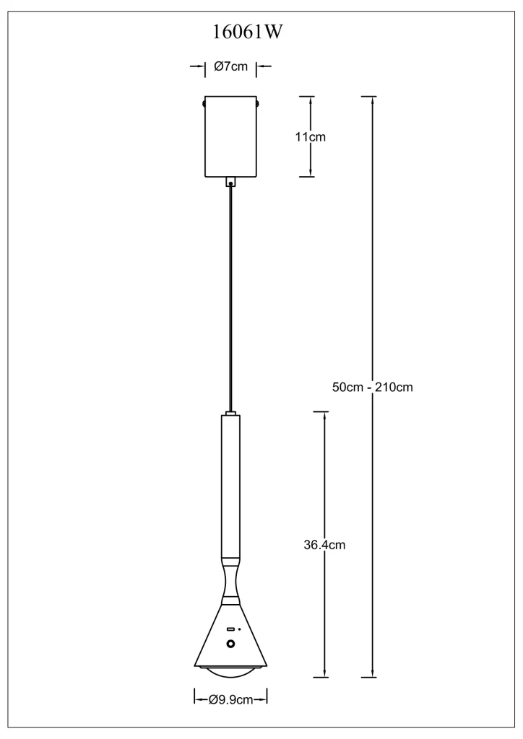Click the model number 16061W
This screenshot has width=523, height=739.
(248, 32)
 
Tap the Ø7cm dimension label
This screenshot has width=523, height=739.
(230, 66)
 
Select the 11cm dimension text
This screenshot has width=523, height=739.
(311, 137)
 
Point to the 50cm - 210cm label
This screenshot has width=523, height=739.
(373, 388)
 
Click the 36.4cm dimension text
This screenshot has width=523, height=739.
(324, 546)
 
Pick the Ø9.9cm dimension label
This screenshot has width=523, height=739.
(230, 700)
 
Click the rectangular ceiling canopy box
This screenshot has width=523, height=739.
(230, 136)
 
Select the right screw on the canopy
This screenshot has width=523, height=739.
(258, 102)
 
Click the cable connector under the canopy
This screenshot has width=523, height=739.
(230, 182)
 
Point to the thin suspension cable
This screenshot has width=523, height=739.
(230, 299)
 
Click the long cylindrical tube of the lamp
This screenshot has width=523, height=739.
(230, 486)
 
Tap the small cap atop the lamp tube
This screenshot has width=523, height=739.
(230, 414)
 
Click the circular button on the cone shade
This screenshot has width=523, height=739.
(231, 644)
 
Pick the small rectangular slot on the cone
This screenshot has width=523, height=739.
(230, 629)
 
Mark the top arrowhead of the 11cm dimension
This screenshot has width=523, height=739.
(311, 100)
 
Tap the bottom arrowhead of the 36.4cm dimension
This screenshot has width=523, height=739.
(324, 673)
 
